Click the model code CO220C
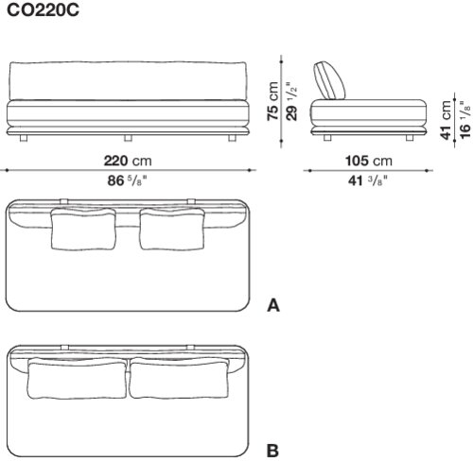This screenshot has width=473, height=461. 43,10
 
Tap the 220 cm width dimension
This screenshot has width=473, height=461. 128,161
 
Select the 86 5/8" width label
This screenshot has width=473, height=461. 128,180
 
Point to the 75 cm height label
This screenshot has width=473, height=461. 272,101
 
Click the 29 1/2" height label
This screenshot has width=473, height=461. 291,101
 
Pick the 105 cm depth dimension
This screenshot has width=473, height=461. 369,161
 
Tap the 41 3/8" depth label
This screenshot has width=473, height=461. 368,180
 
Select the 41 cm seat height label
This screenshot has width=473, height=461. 446,120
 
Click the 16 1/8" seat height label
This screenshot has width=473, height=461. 464,120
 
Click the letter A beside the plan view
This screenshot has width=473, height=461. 273,305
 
